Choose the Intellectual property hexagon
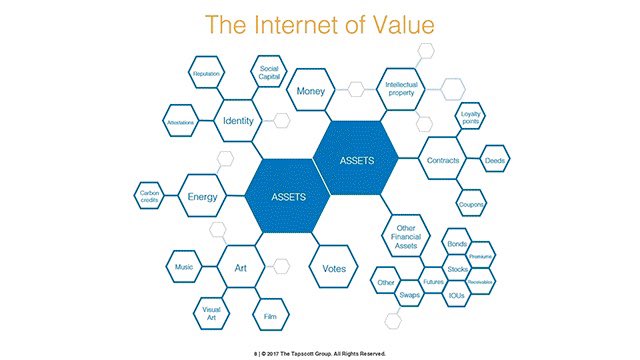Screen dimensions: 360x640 (401, 86)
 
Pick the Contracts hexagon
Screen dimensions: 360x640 (443, 161)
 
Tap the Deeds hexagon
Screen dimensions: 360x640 (494, 160)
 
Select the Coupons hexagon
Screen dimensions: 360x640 (471, 204)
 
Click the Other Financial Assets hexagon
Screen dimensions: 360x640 (405, 234)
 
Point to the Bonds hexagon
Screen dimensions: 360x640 (457, 245)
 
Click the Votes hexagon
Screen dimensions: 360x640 (334, 269)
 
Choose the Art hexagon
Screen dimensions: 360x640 (240, 268)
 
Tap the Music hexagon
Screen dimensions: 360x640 (184, 267)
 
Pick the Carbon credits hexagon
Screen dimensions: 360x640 (150, 196)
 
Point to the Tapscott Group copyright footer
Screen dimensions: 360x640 (319, 351)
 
